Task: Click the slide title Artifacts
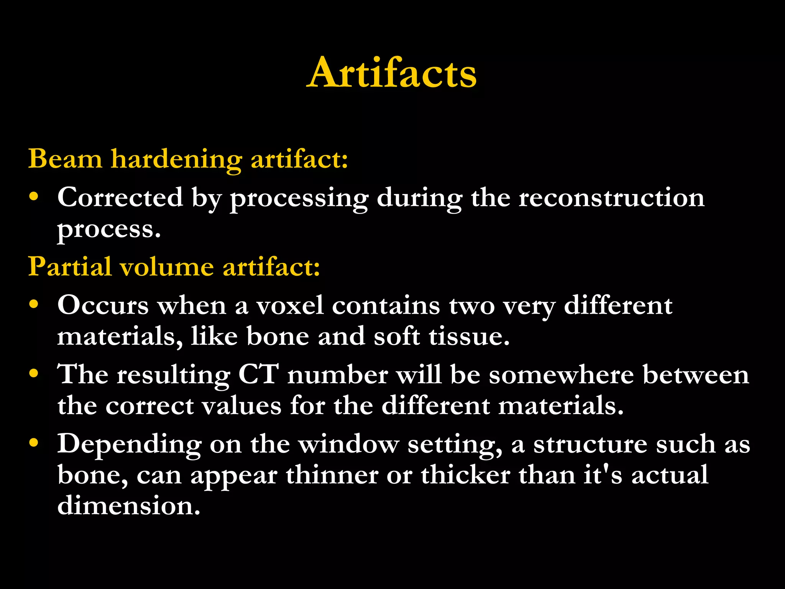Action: click(x=392, y=73)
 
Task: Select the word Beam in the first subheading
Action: click(x=65, y=158)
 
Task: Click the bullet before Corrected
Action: click(x=34, y=196)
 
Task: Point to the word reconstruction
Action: click(x=611, y=198)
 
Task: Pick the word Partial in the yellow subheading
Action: click(x=70, y=267)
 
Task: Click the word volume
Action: click(x=167, y=267)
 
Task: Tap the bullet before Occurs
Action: click(x=34, y=304)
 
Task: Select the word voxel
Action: click(x=290, y=306)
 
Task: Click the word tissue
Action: click(x=469, y=336)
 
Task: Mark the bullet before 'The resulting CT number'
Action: click(x=34, y=373)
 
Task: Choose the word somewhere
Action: click(x=561, y=375)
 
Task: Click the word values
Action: click(x=241, y=405)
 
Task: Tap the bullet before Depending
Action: click(x=34, y=443)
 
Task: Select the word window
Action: click(x=348, y=444)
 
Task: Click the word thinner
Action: click(x=332, y=475)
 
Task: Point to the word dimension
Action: click(x=129, y=505)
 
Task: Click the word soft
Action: click(x=397, y=336)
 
